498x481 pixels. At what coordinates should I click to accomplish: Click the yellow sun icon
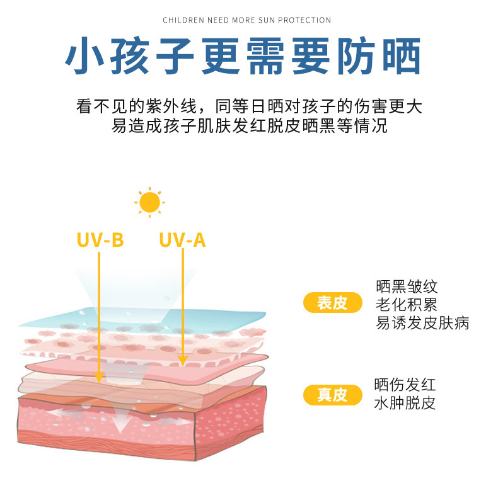coord(149,202)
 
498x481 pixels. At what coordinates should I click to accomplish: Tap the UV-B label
coord(100,240)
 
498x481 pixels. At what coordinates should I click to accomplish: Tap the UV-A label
coord(182,240)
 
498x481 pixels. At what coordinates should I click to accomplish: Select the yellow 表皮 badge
coord(333,303)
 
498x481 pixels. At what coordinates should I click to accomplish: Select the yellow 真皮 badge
coord(333,395)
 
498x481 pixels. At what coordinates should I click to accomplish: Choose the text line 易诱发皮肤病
coord(422,324)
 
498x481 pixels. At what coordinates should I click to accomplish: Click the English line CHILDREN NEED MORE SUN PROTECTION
coord(247,20)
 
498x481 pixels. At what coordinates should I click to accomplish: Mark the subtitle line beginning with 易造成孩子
coord(249,125)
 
